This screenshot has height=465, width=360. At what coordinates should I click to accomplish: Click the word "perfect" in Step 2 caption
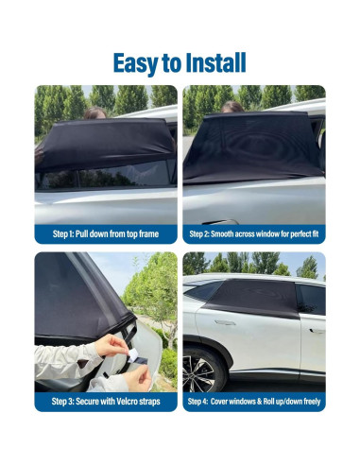[x=290, y=233]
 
